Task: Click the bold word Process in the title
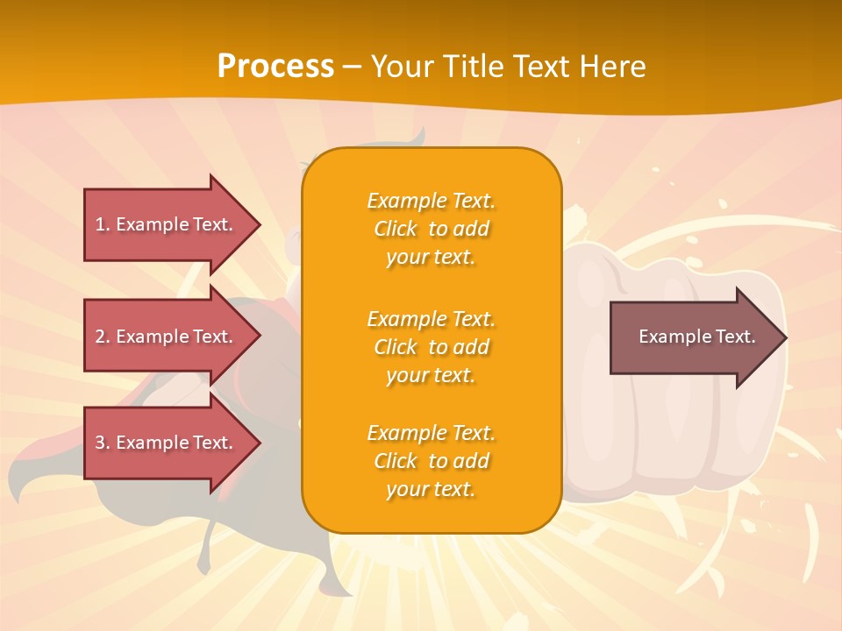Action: coord(275,67)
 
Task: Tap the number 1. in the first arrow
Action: coord(103,224)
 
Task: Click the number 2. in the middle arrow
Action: coord(103,337)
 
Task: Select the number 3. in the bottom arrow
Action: coord(103,443)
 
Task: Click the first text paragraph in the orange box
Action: coord(431,229)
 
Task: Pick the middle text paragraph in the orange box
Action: coord(431,347)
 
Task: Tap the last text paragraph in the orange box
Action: coord(431,461)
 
